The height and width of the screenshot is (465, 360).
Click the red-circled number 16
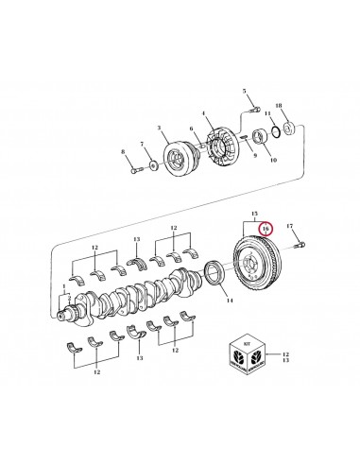pos(266,230)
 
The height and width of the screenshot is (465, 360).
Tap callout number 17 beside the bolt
pos(290,226)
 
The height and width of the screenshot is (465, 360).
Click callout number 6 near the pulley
pos(193,129)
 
